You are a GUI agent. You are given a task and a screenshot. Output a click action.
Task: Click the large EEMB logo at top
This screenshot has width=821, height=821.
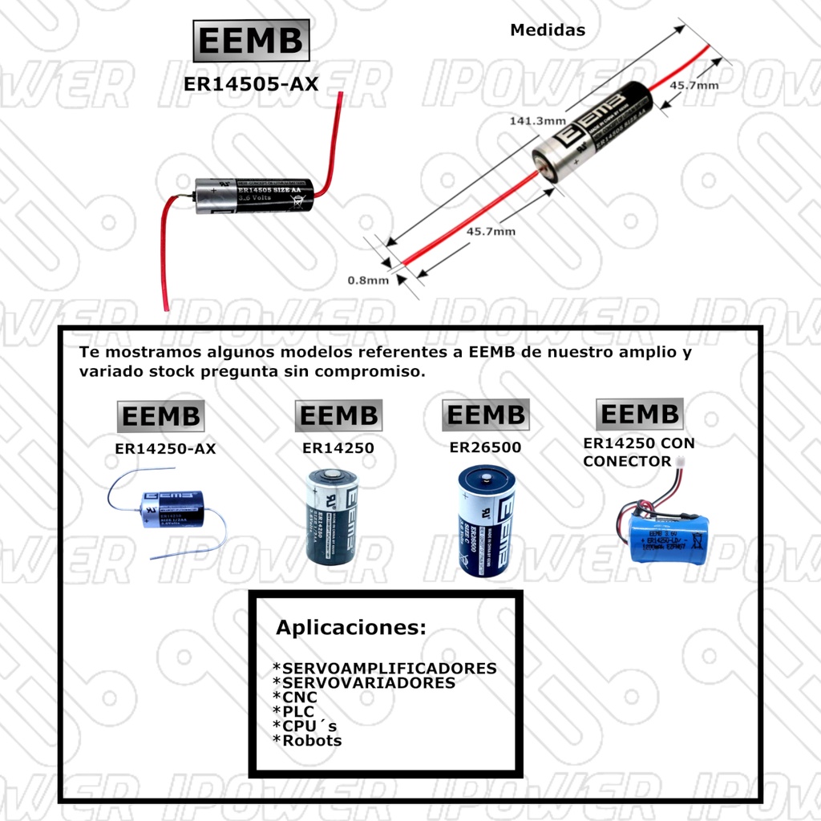pos(250,41)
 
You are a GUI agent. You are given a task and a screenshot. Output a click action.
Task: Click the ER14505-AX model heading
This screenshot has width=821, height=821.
pos(250,83)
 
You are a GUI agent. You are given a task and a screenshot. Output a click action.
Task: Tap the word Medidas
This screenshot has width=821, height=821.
pos(548,30)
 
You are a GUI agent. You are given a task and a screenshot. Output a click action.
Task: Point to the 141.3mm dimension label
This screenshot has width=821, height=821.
pos(536,120)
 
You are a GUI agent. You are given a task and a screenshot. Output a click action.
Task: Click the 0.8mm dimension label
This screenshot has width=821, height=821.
pos(367,280)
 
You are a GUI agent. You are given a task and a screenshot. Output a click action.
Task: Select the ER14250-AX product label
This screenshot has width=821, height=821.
pos(165,449)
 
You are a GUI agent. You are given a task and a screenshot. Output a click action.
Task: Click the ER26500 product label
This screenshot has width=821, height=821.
pos(485,447)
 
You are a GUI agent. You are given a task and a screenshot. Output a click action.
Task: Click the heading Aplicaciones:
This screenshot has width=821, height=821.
pos(351,627)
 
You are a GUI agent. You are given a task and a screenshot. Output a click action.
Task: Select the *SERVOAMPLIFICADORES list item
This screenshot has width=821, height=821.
pos(385,668)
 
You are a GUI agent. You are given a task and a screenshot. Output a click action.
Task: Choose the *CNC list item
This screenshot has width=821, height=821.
pos(295,698)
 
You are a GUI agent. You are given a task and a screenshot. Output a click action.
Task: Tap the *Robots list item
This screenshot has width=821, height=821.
pos(307,741)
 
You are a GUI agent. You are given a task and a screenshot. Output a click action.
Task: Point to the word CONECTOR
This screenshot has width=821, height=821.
pos(627,462)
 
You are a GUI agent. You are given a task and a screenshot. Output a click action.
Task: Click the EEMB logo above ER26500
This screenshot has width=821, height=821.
pos(485,415)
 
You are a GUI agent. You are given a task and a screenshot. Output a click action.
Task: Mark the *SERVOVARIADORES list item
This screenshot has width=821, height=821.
pos(364,683)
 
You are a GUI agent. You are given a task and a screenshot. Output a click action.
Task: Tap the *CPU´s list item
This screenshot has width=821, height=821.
pos(305,726)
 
